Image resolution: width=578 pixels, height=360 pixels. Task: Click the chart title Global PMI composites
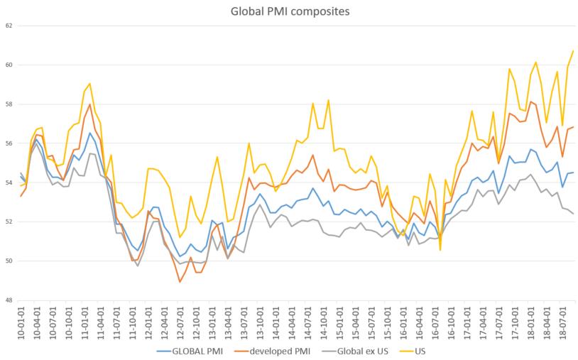(289, 11)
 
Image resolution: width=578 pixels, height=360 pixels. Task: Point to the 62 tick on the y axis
(9, 26)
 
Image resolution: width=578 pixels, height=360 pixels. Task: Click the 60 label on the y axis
(9, 65)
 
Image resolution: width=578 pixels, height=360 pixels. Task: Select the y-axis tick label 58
(9, 104)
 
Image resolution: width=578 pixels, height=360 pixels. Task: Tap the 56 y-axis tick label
(9, 143)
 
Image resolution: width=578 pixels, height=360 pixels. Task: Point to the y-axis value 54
(9, 182)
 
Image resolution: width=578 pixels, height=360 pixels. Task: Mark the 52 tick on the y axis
(9, 222)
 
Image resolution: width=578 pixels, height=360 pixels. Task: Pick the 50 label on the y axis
(9, 261)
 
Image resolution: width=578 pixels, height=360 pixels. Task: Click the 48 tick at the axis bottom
(9, 300)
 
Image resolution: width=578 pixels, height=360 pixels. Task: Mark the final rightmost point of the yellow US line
(573, 51)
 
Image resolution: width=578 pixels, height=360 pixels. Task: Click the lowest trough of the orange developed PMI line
(180, 282)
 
